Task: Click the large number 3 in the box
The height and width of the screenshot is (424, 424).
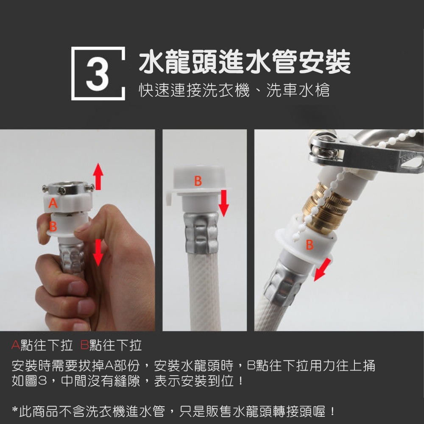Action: click(x=98, y=73)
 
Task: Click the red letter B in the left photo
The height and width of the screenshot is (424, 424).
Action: click(x=53, y=226)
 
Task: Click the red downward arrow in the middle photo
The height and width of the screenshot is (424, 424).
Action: click(x=224, y=204)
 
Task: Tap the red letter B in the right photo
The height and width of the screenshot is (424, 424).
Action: click(x=309, y=245)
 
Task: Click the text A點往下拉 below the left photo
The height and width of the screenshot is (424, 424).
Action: click(x=42, y=346)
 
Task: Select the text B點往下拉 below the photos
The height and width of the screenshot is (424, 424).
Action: click(x=111, y=346)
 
